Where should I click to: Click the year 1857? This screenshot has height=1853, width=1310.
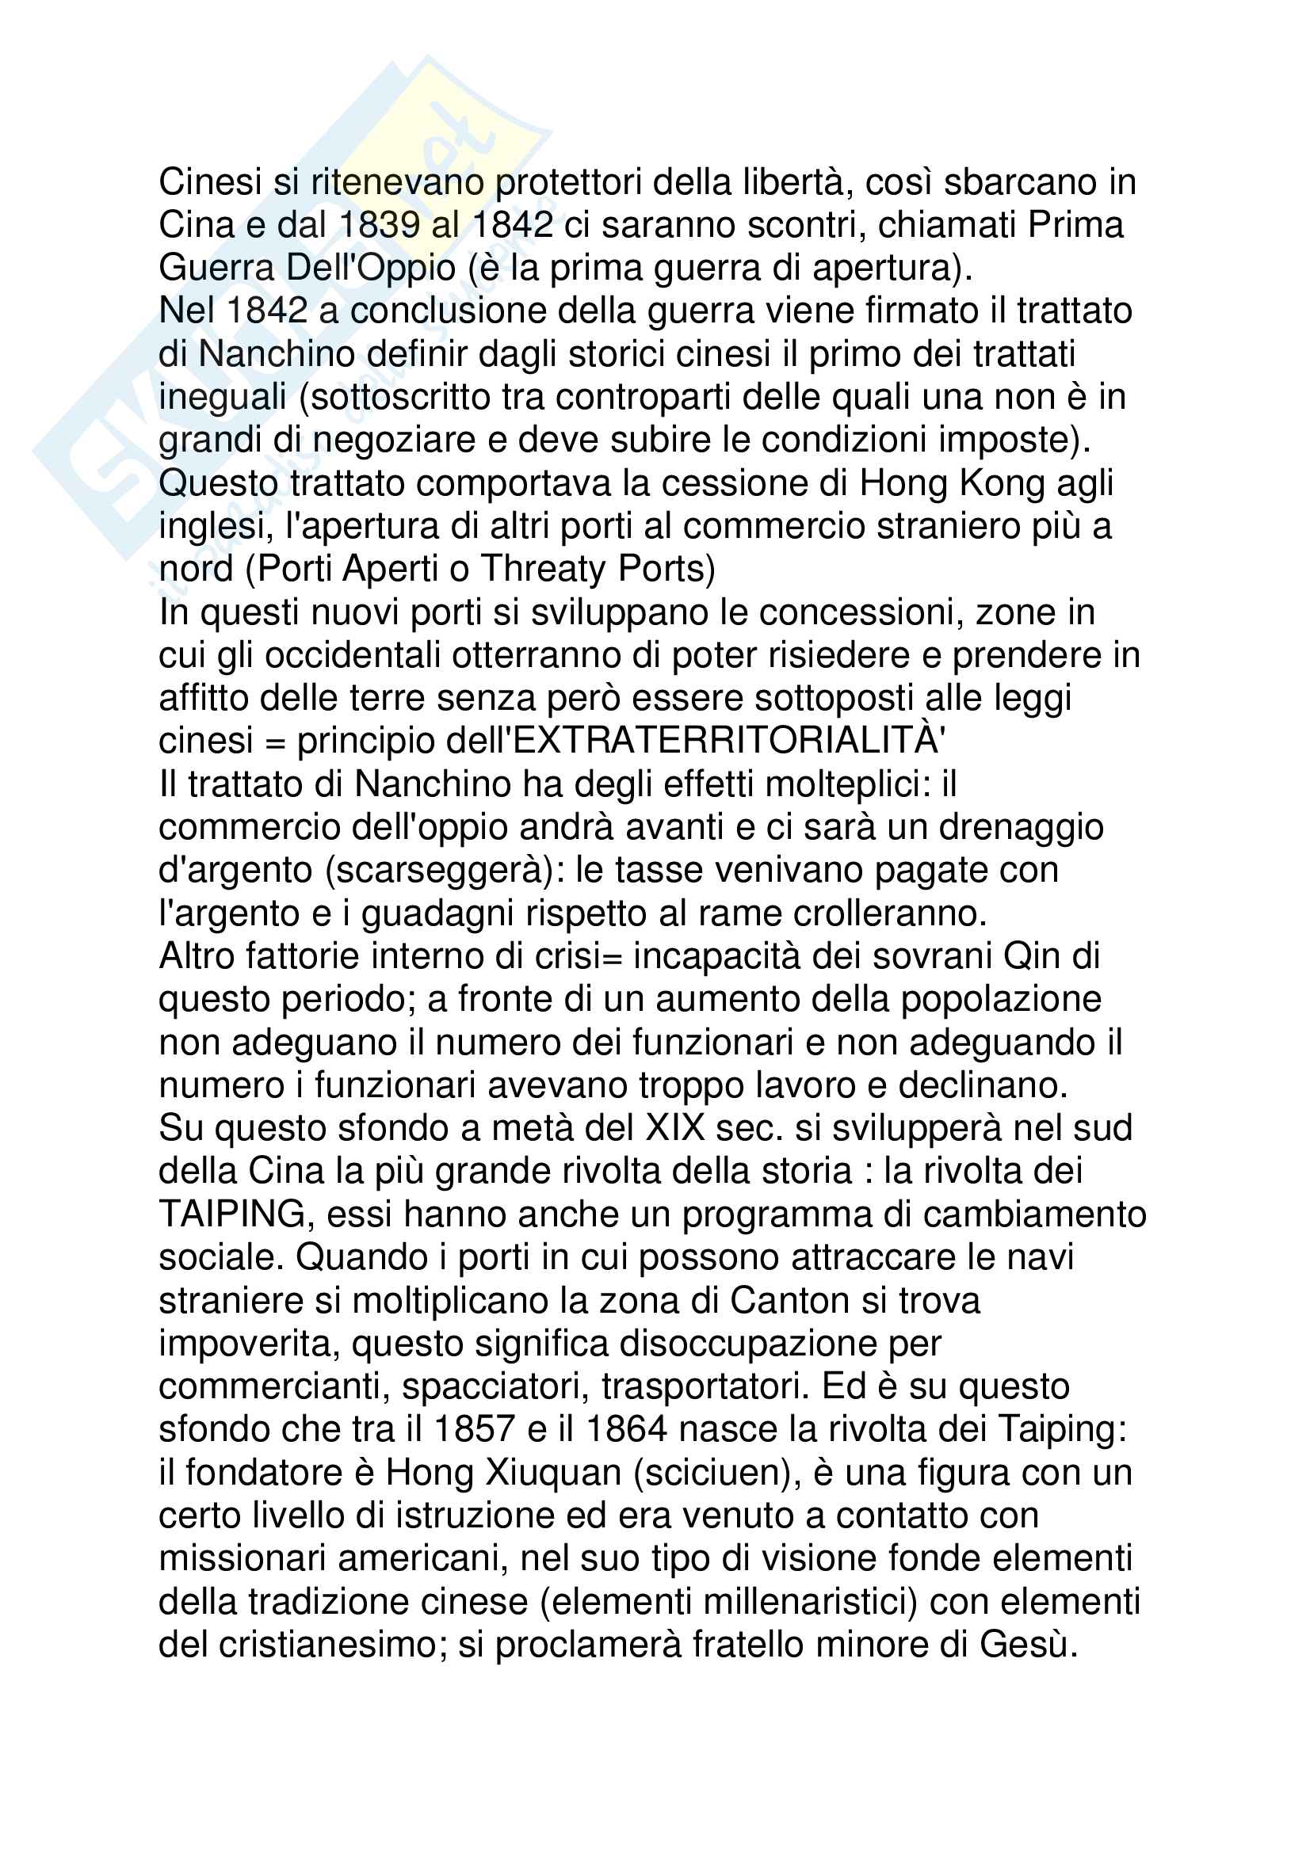coord(474,1429)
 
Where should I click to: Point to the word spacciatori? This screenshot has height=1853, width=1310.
coord(495,1386)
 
